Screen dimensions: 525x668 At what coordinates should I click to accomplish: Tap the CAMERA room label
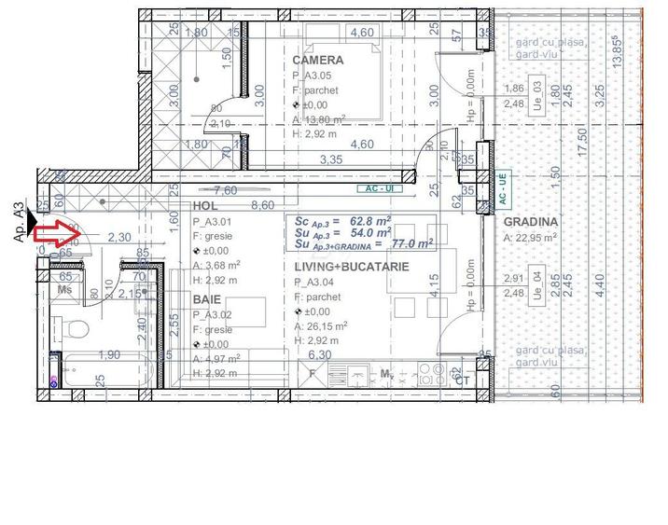pos(317,60)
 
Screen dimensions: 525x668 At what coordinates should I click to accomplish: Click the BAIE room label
pos(207,300)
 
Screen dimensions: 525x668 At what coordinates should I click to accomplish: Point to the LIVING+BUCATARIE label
pos(353,267)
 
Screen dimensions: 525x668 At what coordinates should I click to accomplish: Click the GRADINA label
pos(531,222)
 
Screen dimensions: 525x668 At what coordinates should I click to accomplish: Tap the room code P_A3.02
pos(216,315)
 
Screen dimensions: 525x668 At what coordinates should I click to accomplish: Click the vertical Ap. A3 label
pos(19,224)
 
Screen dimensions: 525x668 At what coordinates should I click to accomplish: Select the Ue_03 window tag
pos(537,96)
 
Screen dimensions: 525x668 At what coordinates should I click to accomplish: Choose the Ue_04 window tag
pos(537,285)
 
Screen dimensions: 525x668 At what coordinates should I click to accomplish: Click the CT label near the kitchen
pos(461,380)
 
